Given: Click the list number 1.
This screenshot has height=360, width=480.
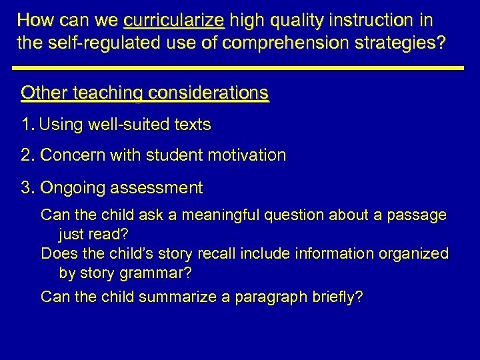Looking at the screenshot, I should [x=26, y=125].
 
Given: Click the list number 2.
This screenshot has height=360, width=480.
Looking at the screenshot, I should [x=27, y=155].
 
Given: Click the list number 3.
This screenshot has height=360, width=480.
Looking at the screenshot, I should [x=27, y=188].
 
